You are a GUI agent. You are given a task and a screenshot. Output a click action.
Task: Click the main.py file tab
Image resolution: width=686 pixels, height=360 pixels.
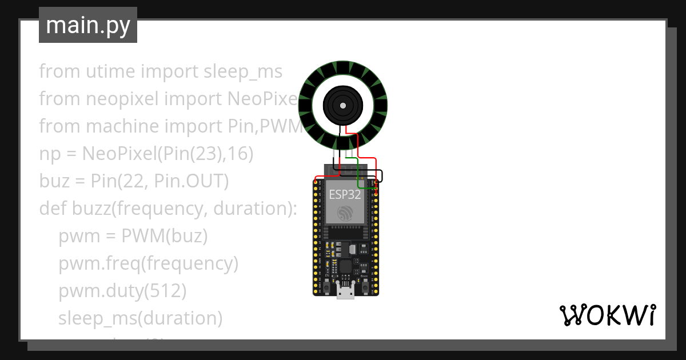tap(88, 25)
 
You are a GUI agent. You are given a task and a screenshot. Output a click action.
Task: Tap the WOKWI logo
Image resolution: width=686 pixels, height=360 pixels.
tap(607, 315)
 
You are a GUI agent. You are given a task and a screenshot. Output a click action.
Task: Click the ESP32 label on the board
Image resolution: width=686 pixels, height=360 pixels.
tap(345, 194)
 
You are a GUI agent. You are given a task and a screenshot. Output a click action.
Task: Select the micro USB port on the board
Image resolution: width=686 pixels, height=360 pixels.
tap(345, 292)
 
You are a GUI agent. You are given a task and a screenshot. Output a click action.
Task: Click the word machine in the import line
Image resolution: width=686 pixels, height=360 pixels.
tap(140, 126)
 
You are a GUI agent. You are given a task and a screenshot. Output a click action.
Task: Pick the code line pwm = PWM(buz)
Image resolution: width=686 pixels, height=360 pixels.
tap(133, 236)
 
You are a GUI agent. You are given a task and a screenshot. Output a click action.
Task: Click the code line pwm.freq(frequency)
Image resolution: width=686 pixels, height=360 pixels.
tap(148, 263)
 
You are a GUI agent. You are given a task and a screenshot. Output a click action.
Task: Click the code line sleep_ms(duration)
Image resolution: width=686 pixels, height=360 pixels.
tap(140, 318)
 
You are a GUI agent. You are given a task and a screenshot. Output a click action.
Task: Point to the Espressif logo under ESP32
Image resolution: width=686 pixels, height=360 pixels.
tap(345, 213)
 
